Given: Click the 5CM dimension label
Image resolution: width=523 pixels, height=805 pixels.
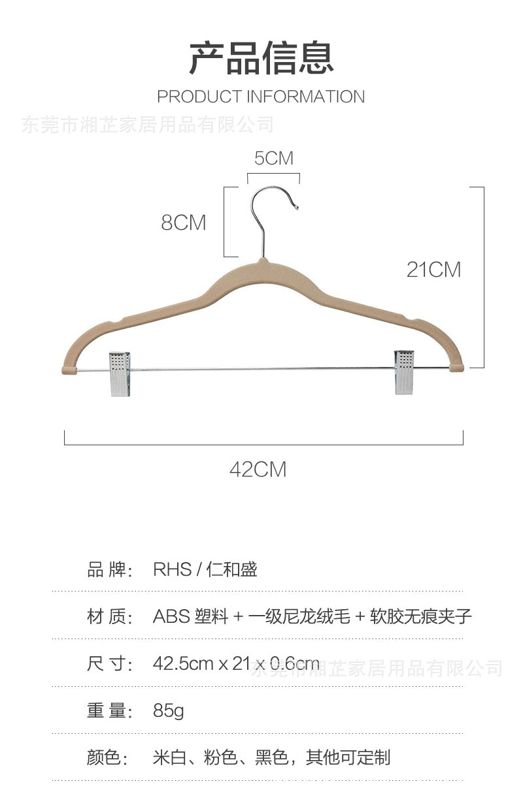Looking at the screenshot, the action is [x=273, y=159].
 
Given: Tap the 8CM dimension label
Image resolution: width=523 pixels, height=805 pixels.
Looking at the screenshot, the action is [x=184, y=223].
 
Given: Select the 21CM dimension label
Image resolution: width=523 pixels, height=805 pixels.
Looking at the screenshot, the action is [x=433, y=270].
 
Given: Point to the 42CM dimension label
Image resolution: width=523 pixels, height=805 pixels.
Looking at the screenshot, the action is [x=258, y=469].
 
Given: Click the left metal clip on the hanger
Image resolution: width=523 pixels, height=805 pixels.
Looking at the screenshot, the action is [x=120, y=373].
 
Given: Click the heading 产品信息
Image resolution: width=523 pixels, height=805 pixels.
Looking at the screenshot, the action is [x=261, y=57].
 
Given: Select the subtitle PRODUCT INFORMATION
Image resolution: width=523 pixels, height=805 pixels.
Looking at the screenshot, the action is [x=261, y=97].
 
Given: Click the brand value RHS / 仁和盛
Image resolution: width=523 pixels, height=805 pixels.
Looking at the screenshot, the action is [x=205, y=569].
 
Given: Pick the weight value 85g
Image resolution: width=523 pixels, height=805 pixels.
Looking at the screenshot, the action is [x=169, y=710].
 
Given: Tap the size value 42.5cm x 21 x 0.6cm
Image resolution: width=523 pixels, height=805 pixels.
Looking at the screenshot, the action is [x=236, y=664].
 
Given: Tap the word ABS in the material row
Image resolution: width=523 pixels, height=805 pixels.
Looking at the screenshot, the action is [x=171, y=616].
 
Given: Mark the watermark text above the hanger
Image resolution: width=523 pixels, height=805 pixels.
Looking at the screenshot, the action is [x=148, y=124].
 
